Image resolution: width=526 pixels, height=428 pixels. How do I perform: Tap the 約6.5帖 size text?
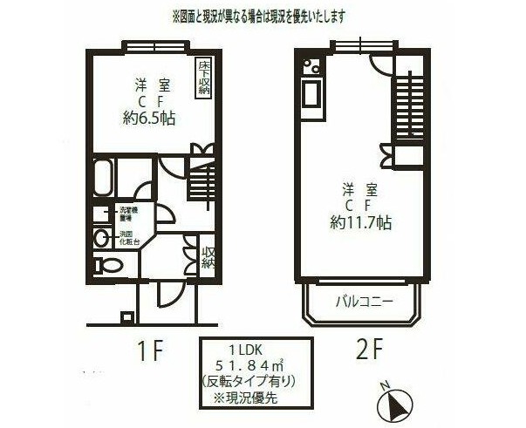pyautogui.click(x=151, y=119)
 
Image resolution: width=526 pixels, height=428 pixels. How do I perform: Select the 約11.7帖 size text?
pyautogui.click(x=360, y=222)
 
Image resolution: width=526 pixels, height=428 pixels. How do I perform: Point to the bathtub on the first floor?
pyautogui.click(x=102, y=179)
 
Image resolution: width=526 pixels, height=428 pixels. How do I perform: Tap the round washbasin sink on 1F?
pyautogui.click(x=102, y=237)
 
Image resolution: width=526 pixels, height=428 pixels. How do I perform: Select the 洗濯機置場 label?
pyautogui.click(x=127, y=214)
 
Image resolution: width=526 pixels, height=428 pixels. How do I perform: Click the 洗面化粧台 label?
pyautogui.click(x=127, y=238)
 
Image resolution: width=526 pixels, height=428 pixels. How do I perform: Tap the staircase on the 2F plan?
pyautogui.click(x=406, y=107)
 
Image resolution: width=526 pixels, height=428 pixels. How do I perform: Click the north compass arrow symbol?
pyautogui.click(x=393, y=404)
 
